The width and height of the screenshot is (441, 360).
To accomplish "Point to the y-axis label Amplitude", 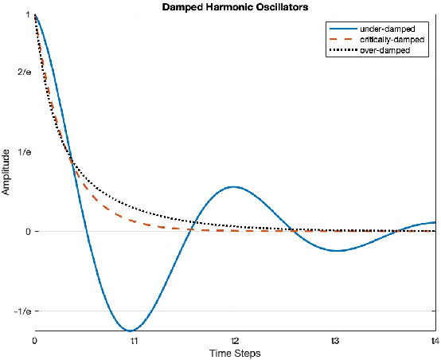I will point(6,171).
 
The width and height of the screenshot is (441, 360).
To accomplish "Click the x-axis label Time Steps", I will point(234,352).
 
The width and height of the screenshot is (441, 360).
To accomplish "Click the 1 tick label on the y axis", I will point(28,15).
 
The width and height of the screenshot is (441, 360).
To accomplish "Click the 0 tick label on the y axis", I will point(28,231).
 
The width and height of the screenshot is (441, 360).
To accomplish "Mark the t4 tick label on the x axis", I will point(434,341).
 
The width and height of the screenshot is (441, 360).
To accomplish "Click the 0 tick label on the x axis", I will point(35,341).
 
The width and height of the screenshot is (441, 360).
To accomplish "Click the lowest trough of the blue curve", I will point(131,330).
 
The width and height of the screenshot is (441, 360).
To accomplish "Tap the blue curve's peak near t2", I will point(232,186).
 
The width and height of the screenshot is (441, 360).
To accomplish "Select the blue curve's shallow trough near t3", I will point(336,251).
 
